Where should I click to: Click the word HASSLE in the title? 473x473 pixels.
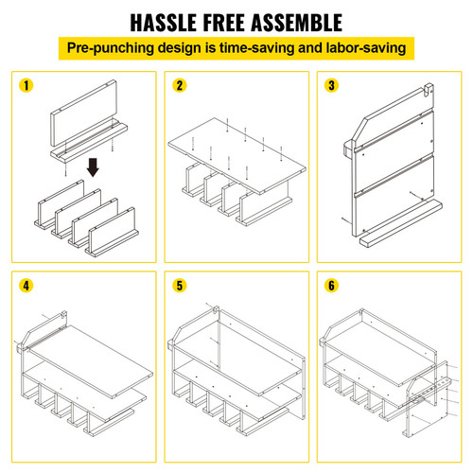tap(164, 23)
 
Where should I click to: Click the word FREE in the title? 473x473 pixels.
tap(223, 23)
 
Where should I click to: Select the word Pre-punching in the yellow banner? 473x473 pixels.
tap(111, 48)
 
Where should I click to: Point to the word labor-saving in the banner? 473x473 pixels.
tap(366, 48)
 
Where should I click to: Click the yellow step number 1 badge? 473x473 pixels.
tap(26, 85)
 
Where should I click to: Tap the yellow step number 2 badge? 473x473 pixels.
tap(180, 85)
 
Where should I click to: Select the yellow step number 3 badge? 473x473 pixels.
tap(331, 85)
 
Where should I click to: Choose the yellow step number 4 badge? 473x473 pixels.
tap(26, 286)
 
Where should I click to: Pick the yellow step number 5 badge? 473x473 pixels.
tap(180, 286)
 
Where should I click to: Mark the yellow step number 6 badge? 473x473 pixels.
tap(331, 286)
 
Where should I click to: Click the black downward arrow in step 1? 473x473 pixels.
tap(93, 167)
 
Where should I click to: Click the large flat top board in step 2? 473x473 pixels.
tap(237, 155)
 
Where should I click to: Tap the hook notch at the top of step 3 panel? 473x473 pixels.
tap(428, 89)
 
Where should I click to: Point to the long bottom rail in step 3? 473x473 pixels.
tap(401, 223)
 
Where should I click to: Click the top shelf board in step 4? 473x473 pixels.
tap(91, 361)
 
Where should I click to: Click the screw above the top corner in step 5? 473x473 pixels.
tap(210, 306)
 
